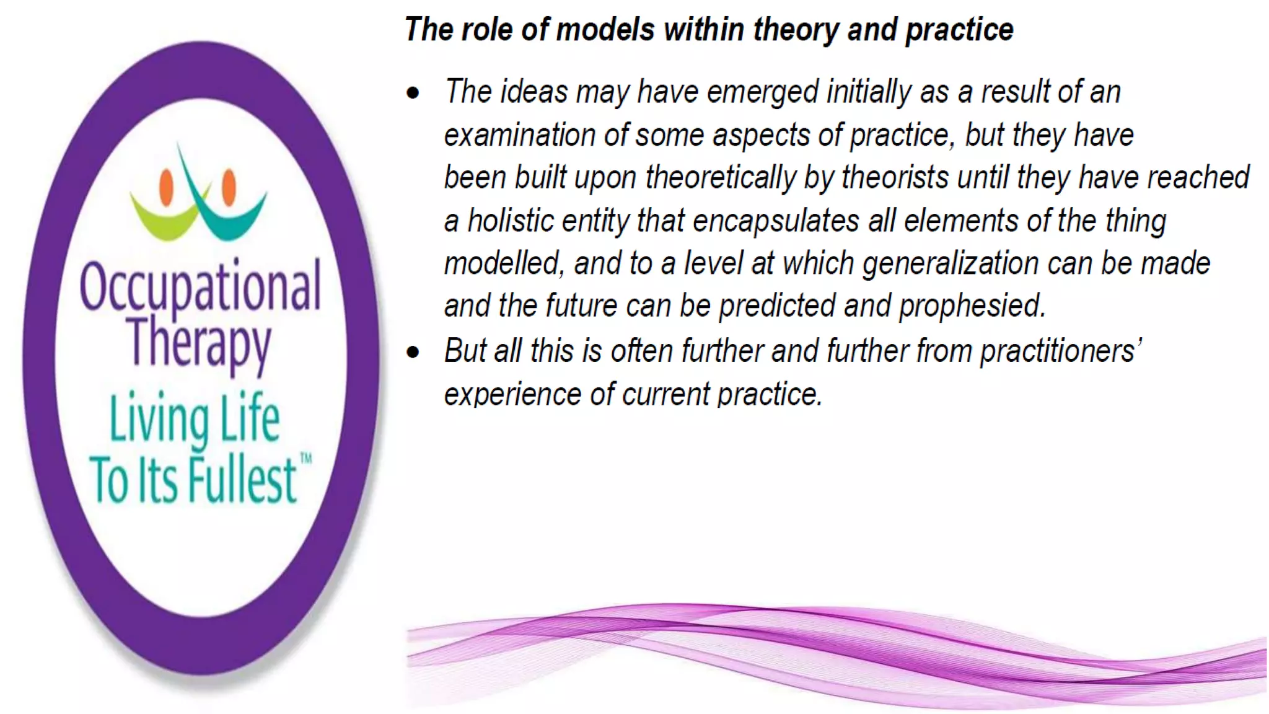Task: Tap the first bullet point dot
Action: pyautogui.click(x=413, y=94)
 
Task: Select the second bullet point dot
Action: pyautogui.click(x=413, y=353)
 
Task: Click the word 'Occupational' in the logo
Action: pyautogui.click(x=200, y=287)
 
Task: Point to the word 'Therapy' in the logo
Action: pyautogui.click(x=199, y=343)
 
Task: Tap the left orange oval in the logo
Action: pyautogui.click(x=166, y=187)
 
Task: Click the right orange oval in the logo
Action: pyautogui.click(x=229, y=187)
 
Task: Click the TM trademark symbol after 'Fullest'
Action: pyautogui.click(x=306, y=459)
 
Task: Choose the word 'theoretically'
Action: pyautogui.click(x=720, y=178)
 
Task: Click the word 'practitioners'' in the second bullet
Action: pyautogui.click(x=1060, y=351)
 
